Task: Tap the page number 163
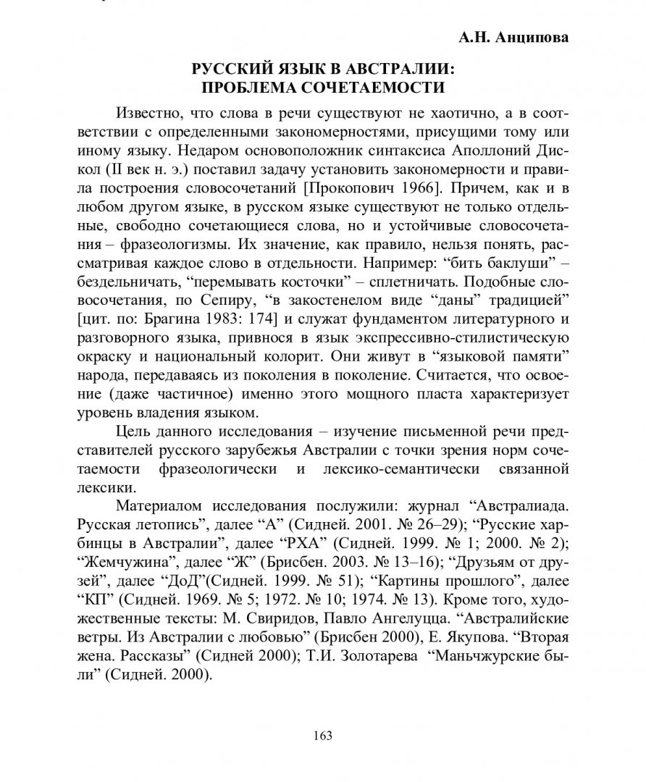click(x=322, y=736)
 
